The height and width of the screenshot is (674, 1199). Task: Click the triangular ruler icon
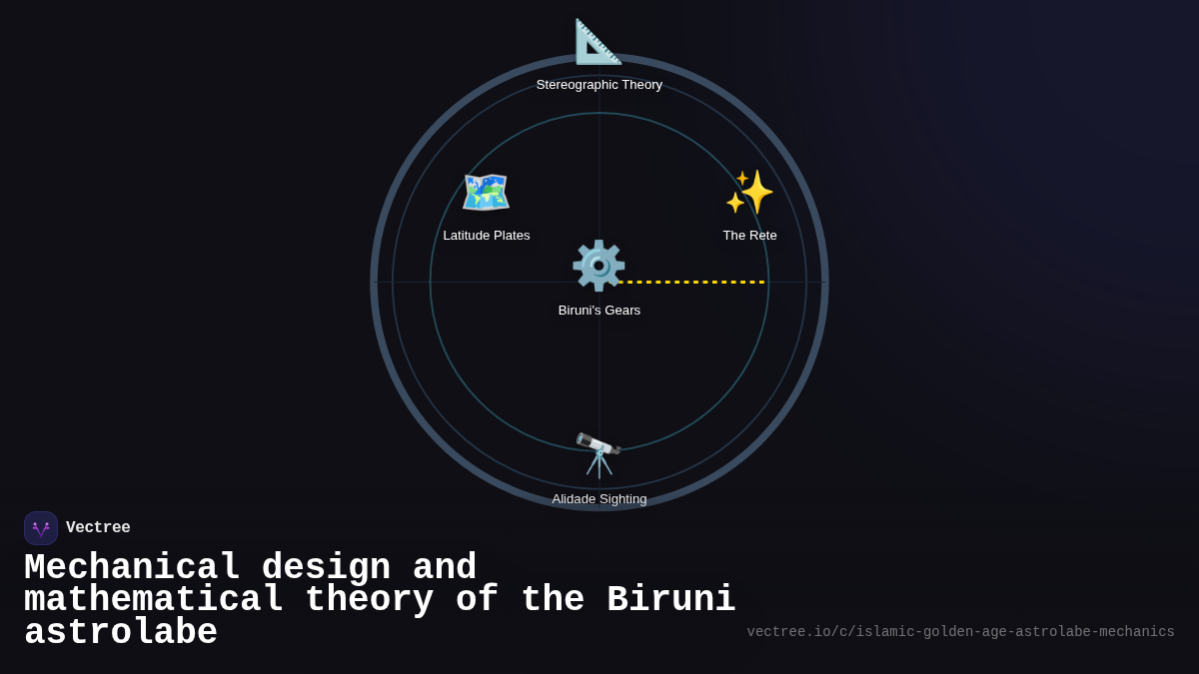tap(599, 42)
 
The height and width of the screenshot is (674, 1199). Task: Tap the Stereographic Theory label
tap(599, 85)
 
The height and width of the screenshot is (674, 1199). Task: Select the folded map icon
tap(486, 192)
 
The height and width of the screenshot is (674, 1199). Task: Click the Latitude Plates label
tap(487, 236)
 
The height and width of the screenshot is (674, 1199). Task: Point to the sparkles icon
tap(749, 192)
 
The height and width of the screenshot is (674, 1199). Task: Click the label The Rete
tap(749, 236)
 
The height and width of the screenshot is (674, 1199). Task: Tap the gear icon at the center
tap(599, 266)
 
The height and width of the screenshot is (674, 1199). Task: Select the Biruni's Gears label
tap(599, 311)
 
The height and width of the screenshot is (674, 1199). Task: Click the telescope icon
tap(599, 454)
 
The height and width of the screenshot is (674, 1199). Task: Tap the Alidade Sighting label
tap(599, 499)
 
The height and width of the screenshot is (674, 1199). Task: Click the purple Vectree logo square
tap(41, 528)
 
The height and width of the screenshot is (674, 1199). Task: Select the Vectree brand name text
tap(98, 528)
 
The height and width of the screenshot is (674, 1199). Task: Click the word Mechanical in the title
tap(132, 568)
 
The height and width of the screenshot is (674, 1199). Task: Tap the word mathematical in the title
tap(154, 600)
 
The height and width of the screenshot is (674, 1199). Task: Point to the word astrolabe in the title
tap(121, 633)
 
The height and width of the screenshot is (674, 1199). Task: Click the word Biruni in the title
tap(670, 600)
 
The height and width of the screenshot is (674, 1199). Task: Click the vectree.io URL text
tap(960, 632)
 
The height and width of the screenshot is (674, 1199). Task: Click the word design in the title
tap(326, 568)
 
